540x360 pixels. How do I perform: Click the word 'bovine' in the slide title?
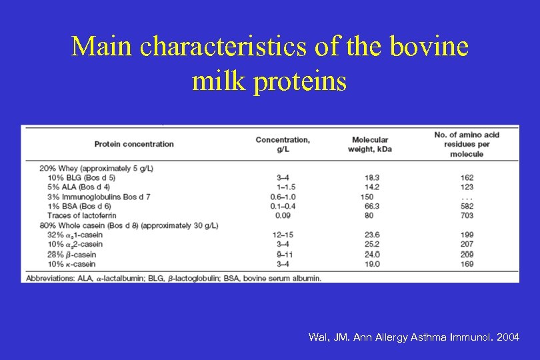tap(433, 47)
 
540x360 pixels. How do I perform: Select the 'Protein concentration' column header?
tap(134, 144)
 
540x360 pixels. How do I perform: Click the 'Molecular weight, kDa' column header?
tap(370, 144)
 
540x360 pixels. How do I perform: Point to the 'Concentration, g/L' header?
tap(283, 144)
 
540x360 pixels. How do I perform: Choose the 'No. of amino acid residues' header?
tap(467, 144)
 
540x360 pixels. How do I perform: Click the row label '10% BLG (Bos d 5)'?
tap(81, 178)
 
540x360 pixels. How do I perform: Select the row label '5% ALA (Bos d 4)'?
tap(79, 187)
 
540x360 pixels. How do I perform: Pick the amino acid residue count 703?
tap(467, 215)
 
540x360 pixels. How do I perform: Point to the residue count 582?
tap(467, 206)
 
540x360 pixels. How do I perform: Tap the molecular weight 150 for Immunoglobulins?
tap(367, 197)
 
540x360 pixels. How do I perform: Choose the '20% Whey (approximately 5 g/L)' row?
tap(96, 169)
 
